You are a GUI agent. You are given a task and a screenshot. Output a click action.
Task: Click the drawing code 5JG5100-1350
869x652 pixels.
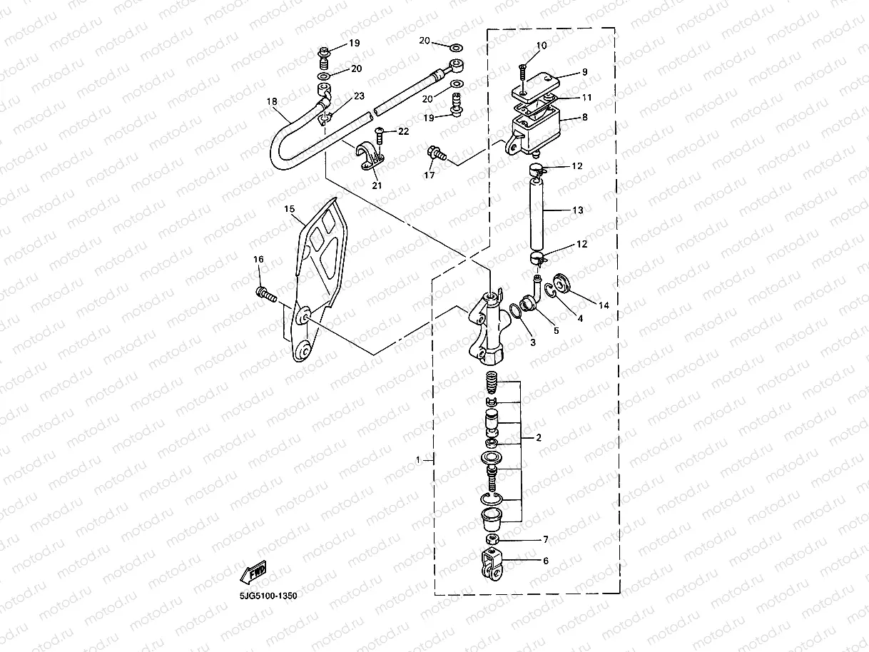(x=268, y=595)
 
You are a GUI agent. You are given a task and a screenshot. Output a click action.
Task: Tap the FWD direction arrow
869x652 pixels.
(x=254, y=571)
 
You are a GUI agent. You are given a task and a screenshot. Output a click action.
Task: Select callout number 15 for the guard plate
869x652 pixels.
(x=289, y=209)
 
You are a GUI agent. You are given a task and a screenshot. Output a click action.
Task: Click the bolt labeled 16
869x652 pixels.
(x=265, y=292)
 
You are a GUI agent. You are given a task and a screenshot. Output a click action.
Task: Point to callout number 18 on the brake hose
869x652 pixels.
(x=271, y=102)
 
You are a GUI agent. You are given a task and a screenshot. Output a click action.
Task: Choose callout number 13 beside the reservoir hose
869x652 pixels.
(x=578, y=210)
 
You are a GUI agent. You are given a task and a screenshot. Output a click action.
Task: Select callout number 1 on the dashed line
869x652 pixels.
(x=419, y=460)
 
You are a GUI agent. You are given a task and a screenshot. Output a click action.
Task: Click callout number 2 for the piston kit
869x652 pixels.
(x=539, y=438)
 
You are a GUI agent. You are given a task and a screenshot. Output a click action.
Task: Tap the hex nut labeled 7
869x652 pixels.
(x=491, y=539)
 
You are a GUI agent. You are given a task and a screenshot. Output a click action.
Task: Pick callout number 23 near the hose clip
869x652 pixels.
(x=358, y=96)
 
